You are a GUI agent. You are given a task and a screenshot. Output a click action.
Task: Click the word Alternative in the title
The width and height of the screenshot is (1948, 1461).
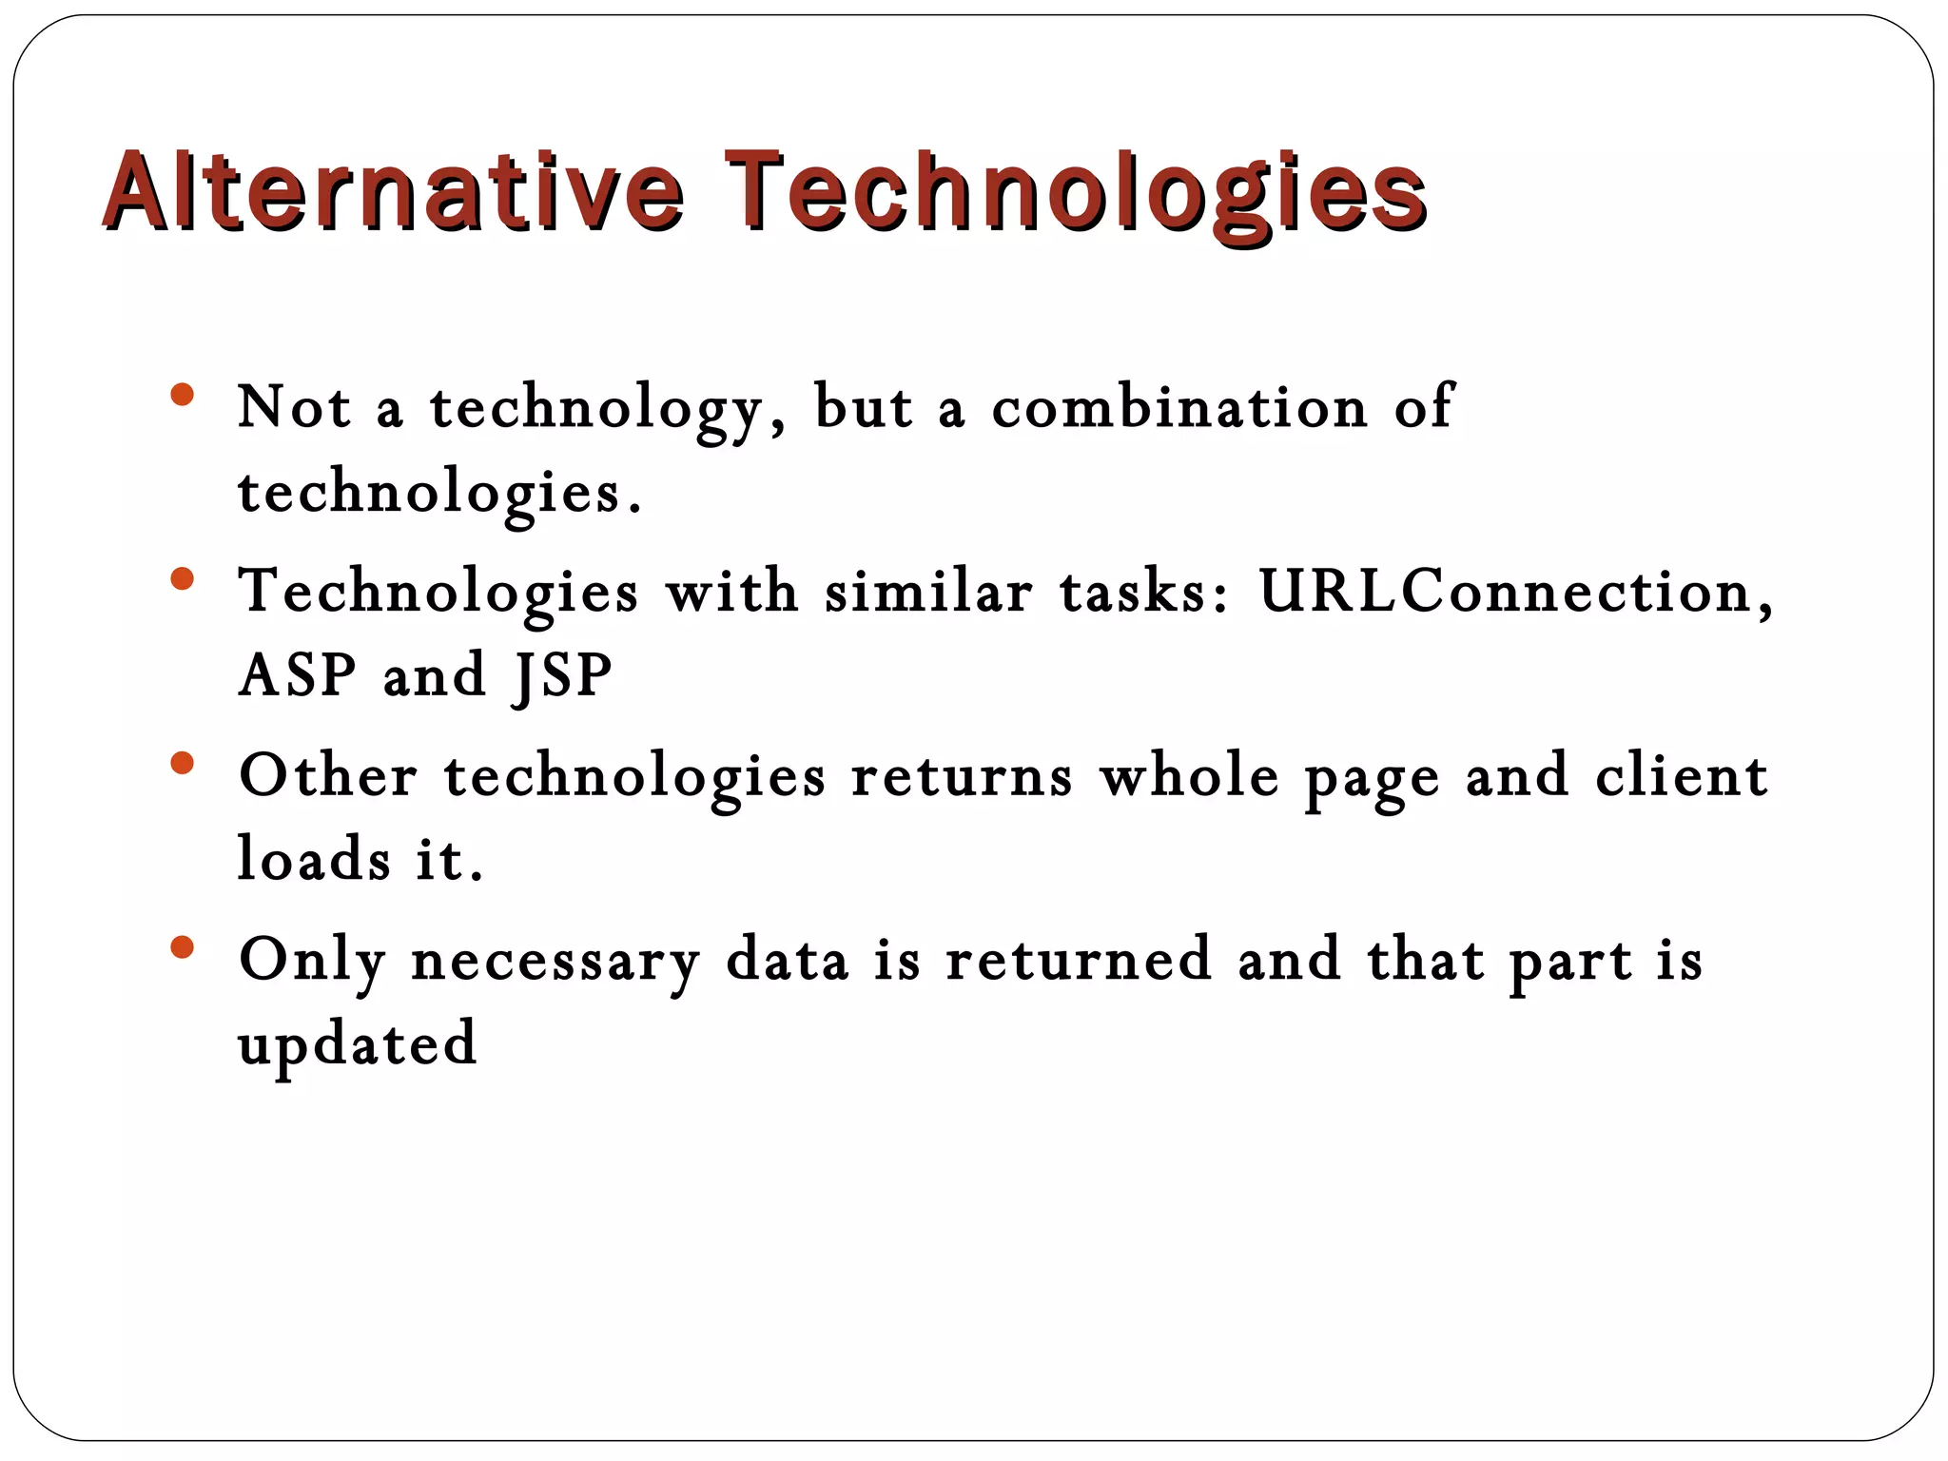(392, 192)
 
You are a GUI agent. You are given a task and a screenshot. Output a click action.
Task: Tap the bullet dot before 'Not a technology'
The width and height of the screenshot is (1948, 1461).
(183, 395)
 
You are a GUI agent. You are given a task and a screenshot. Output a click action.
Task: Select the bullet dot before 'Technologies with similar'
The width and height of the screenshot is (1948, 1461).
(183, 578)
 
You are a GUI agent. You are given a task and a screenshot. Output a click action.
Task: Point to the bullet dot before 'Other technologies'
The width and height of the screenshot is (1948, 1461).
(183, 763)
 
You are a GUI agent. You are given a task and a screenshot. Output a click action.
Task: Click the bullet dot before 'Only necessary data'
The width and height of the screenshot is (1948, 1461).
(183, 947)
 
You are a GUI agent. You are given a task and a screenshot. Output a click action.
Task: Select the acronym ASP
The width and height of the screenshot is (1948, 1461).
(297, 675)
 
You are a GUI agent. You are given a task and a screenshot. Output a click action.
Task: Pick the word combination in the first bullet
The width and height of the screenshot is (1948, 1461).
(1179, 407)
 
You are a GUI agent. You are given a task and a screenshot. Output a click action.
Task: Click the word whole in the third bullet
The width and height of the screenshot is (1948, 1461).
(1189, 776)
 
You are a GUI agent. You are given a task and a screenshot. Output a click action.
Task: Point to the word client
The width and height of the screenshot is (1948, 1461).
(1681, 776)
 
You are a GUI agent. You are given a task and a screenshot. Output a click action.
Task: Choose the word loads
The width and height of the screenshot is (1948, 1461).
(313, 859)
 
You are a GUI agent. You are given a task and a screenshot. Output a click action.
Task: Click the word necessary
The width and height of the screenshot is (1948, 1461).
(555, 961)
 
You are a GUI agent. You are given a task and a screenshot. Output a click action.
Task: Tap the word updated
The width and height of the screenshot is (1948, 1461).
(357, 1044)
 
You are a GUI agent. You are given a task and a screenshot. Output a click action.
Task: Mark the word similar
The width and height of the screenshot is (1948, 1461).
(927, 592)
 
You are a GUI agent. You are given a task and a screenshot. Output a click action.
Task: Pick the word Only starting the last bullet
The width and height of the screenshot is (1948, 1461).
(311, 961)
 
